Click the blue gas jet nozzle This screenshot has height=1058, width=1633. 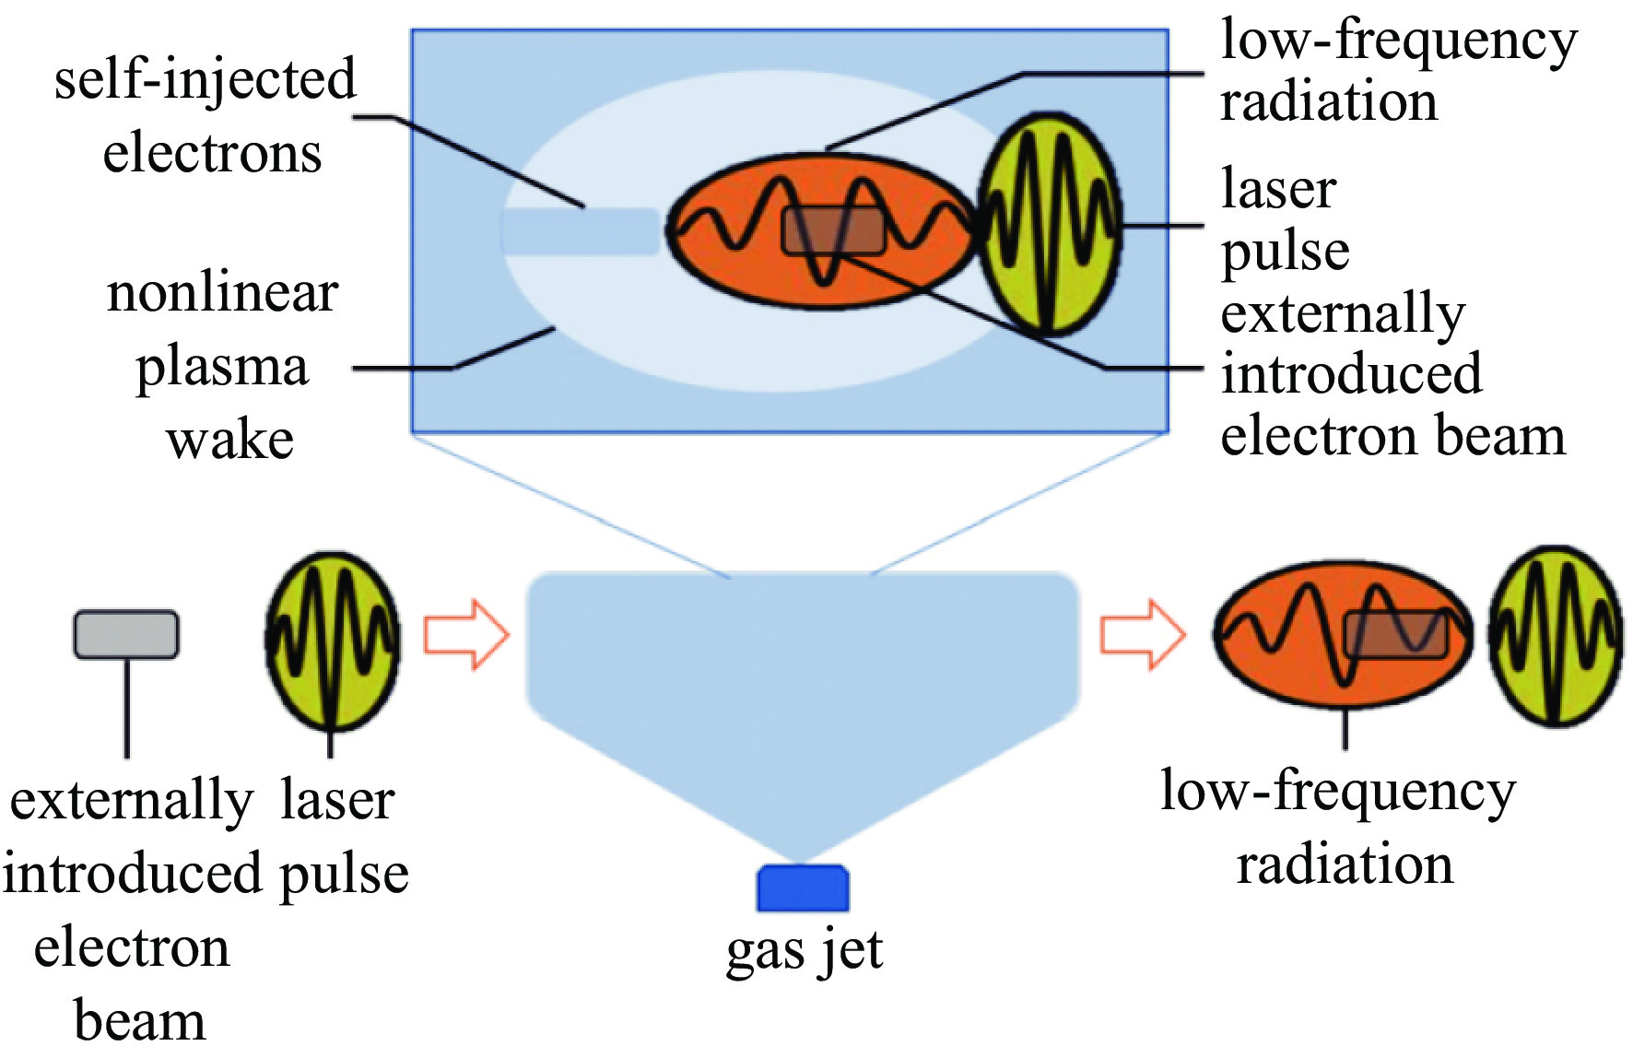click(x=803, y=888)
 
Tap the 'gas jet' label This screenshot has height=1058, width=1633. click(x=804, y=951)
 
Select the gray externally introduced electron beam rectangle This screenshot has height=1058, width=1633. click(x=126, y=634)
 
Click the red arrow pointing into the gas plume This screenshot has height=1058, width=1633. click(x=466, y=635)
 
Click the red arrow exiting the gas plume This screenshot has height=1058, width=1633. click(x=1143, y=635)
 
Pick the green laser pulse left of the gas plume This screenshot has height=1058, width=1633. click(x=333, y=640)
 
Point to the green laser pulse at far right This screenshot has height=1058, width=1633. click(x=1557, y=636)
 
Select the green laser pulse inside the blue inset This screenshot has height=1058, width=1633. click(x=1049, y=224)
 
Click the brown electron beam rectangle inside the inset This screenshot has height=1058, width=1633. click(x=833, y=230)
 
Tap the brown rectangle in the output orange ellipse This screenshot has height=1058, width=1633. click(x=1395, y=634)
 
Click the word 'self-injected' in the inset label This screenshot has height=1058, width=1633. click(x=205, y=79)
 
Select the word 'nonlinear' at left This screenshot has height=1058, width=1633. click(x=222, y=293)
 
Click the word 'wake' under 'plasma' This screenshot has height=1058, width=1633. click(x=229, y=440)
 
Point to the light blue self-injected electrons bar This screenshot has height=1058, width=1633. click(x=581, y=231)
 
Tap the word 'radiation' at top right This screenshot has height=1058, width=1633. click(x=1328, y=101)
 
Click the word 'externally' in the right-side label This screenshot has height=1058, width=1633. click(x=1343, y=314)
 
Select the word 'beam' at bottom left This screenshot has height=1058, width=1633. click(x=139, y=1021)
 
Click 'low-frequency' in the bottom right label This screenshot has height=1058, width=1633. click(x=1337, y=792)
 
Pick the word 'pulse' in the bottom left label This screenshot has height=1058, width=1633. click(x=344, y=874)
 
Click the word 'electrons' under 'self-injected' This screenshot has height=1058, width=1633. click(x=212, y=153)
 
